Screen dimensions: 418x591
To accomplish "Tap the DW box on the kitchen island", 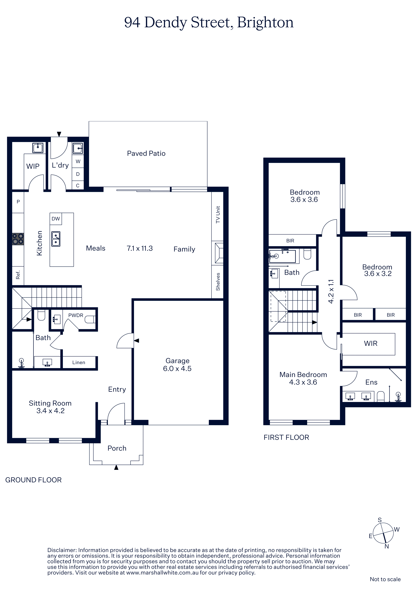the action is coord(56,219).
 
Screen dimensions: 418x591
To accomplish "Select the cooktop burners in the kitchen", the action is coord(18,239).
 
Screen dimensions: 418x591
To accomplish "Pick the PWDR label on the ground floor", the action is coord(76,315).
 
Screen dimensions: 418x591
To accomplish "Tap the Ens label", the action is coord(371,382).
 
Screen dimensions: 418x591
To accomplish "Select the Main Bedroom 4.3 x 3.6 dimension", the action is coord(303,382).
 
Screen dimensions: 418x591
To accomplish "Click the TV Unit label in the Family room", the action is coord(218,215).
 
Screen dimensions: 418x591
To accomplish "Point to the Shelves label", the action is coord(218,282).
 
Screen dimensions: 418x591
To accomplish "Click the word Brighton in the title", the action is coord(265,23).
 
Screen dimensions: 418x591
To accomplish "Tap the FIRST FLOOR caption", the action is coord(286,437).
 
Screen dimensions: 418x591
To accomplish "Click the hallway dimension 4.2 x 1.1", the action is coord(331,292).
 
